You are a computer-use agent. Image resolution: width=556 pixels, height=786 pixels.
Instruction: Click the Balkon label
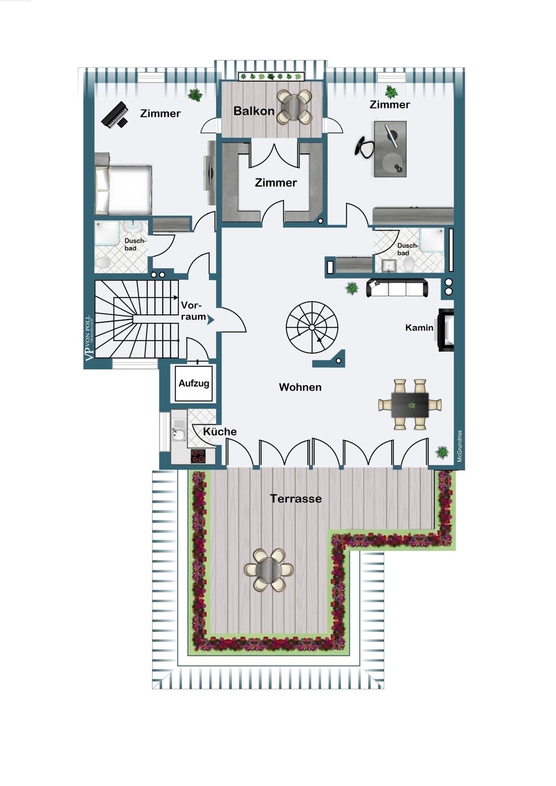coord(254,111)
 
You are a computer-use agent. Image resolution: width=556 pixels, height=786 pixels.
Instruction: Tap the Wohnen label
coord(301,387)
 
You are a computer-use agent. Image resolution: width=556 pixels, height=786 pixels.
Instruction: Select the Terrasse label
coord(296,499)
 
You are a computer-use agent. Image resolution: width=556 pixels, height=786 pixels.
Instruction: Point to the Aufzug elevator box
coord(194,383)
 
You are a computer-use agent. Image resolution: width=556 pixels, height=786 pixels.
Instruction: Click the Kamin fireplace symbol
coord(445,330)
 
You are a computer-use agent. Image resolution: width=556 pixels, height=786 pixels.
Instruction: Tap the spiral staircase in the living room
coord(312,327)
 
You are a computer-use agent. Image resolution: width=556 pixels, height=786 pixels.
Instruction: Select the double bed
coord(123,190)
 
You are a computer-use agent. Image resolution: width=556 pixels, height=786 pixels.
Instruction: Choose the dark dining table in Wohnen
coord(410,405)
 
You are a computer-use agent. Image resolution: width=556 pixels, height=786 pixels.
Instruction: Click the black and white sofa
coord(397,288)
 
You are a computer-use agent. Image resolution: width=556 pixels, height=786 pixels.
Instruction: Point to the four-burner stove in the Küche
coord(198,456)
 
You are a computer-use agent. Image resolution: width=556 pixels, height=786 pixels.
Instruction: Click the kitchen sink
coord(179,432)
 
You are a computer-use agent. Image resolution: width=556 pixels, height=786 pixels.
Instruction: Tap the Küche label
coord(220,432)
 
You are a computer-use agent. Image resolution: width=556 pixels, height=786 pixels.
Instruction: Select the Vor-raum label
coord(193,311)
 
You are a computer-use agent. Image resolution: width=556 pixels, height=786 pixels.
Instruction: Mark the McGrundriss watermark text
coord(459,446)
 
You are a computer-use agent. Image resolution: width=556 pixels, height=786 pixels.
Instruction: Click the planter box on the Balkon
coord(271,77)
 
